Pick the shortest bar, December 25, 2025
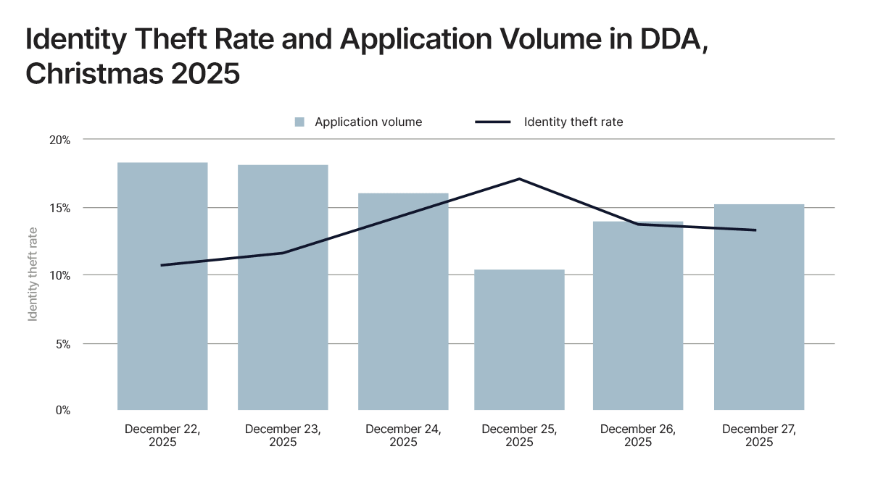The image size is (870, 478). pyautogui.click(x=519, y=340)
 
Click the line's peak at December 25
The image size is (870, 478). pyautogui.click(x=519, y=179)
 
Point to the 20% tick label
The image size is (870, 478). pyautogui.click(x=60, y=140)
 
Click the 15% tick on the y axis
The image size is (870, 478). pyautogui.click(x=60, y=208)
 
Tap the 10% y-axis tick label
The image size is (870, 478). pyautogui.click(x=60, y=275)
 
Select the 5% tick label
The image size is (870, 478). pyautogui.click(x=62, y=343)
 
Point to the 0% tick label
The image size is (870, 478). pyautogui.click(x=62, y=411)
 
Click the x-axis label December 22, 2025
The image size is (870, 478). pyautogui.click(x=162, y=435)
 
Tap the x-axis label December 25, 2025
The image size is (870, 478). pyautogui.click(x=519, y=435)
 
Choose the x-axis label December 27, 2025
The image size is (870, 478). pyautogui.click(x=759, y=435)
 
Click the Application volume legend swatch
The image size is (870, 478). pyautogui.click(x=299, y=122)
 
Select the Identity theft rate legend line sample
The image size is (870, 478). pyautogui.click(x=493, y=122)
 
